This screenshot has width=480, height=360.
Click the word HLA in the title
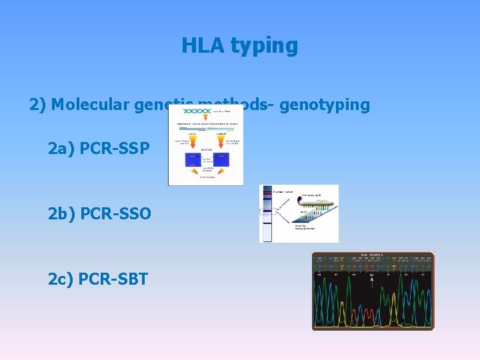tap(203, 45)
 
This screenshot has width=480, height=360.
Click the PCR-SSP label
tap(115, 147)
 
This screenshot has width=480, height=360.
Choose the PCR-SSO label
tap(115, 214)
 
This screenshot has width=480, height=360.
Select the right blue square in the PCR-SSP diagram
tap(221, 159)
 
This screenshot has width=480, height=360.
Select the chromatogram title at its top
tap(373, 255)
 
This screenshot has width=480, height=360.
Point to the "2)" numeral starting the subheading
tap(37, 105)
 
